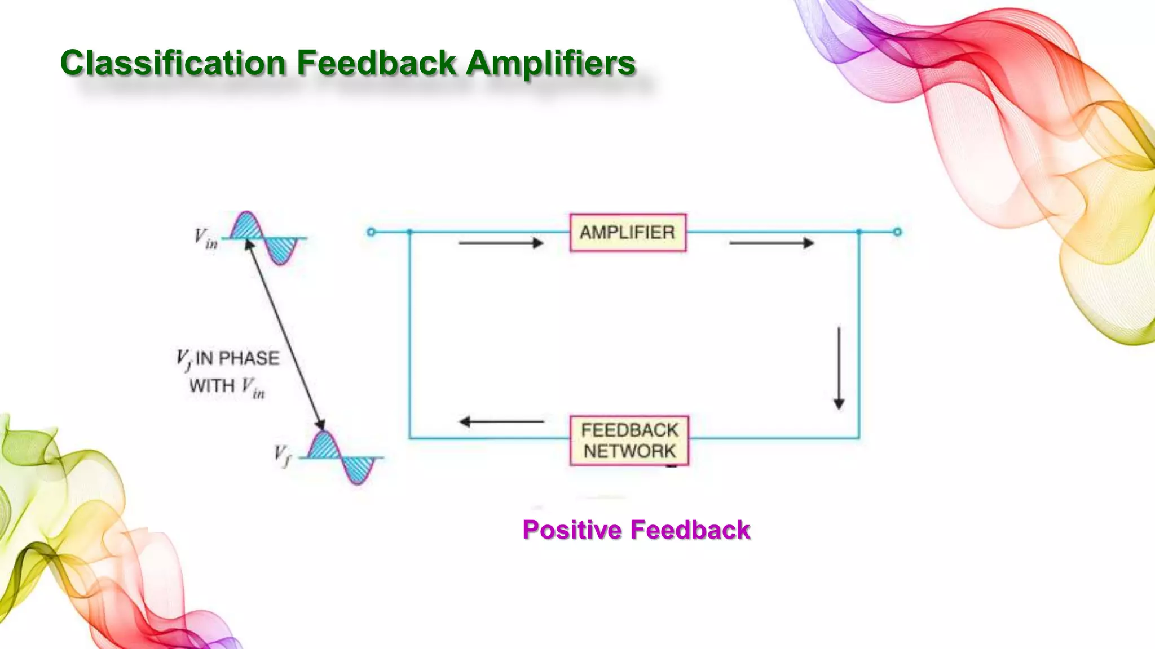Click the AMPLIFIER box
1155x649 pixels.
628,232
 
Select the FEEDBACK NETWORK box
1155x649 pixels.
629,441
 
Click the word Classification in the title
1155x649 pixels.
173,63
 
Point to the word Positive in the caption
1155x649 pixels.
572,530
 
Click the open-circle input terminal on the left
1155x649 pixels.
371,232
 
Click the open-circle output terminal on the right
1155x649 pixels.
897,232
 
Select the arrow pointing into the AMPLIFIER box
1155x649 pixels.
500,243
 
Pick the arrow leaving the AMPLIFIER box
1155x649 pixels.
771,243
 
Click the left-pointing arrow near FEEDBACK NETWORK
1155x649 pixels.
501,421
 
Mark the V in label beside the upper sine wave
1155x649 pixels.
206,238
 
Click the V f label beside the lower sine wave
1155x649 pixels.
283,456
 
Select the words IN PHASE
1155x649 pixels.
237,358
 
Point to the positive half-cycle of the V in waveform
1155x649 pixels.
246,227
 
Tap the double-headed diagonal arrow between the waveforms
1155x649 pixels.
285,335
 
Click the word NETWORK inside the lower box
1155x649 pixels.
629,451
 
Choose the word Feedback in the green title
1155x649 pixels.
376,63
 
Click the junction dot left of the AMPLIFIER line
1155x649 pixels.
410,232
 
